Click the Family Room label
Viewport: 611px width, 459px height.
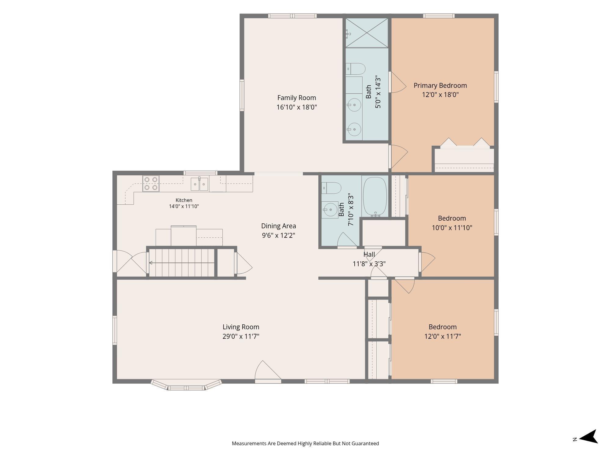click(x=297, y=98)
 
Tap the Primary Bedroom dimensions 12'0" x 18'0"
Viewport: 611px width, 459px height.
click(x=440, y=95)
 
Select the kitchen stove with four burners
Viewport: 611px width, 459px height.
click(x=151, y=184)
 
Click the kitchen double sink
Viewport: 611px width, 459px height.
click(x=199, y=184)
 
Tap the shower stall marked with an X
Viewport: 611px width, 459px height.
click(x=367, y=33)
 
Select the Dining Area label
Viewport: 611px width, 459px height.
click(x=279, y=226)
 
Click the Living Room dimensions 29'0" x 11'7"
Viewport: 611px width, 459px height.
click(x=241, y=336)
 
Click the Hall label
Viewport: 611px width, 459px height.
click(x=369, y=254)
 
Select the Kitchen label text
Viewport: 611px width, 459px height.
click(x=184, y=200)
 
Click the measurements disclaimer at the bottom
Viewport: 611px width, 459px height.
click(x=305, y=443)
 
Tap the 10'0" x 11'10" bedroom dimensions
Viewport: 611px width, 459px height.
click(x=452, y=228)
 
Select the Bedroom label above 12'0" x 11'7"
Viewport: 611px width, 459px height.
click(x=442, y=327)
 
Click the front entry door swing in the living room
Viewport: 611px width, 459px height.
click(x=268, y=371)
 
